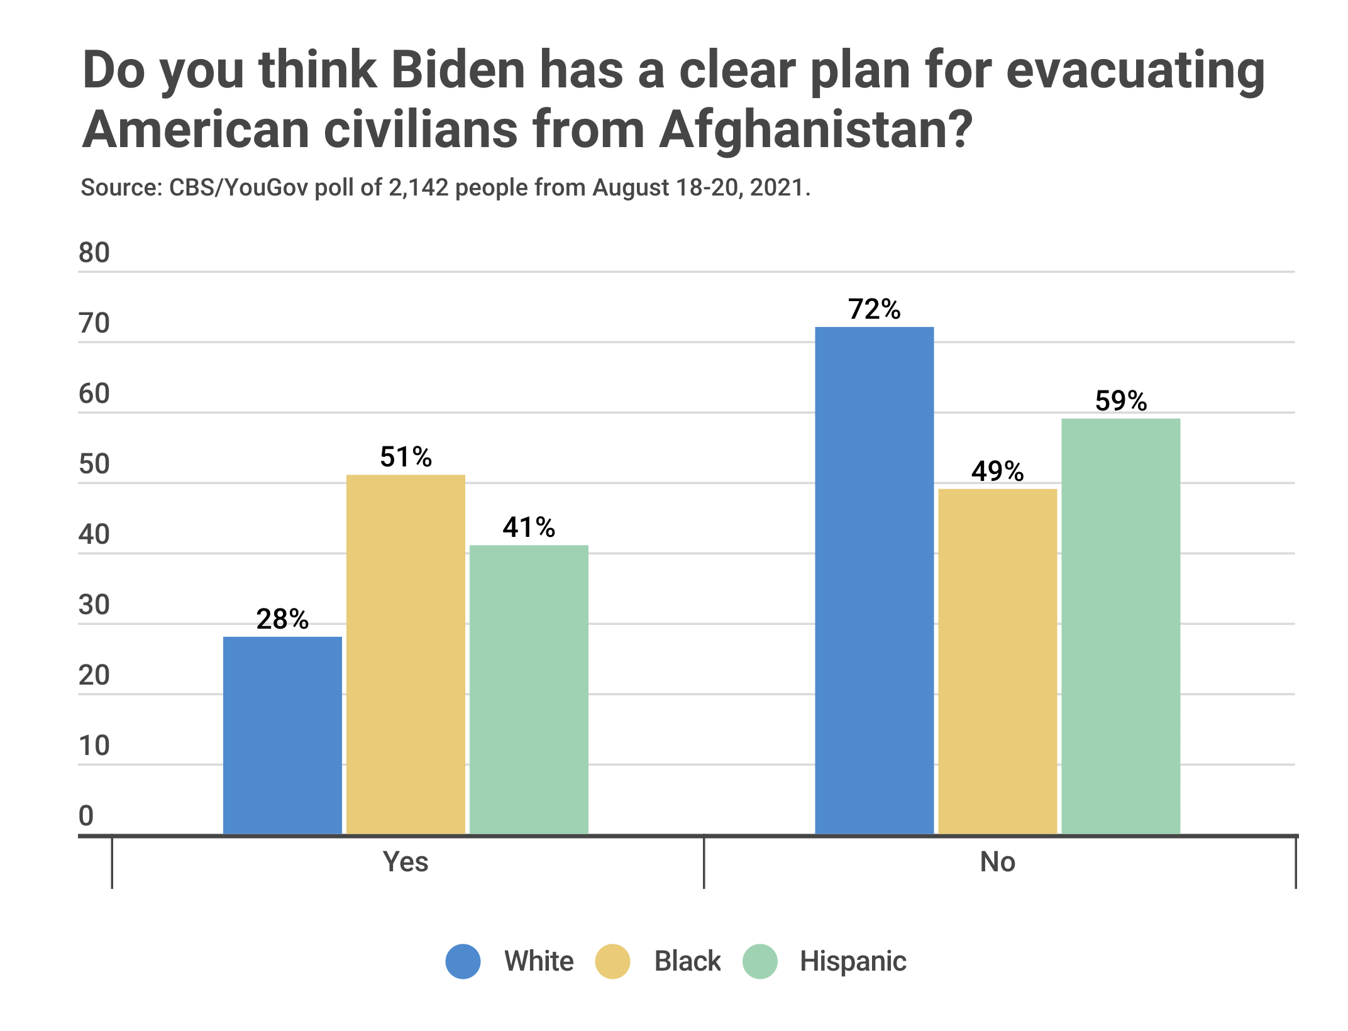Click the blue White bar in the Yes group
coord(282,735)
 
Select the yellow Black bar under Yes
coord(406,654)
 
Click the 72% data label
coord(874,309)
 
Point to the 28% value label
coord(282,619)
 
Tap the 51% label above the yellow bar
coord(406,457)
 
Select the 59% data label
coord(1120,401)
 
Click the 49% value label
coord(997,471)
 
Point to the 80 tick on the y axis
coord(94,253)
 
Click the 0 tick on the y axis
coord(86,816)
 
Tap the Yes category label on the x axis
coord(406,862)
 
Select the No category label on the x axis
coord(997,862)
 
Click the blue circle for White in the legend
coord(463,961)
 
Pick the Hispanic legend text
coord(853,961)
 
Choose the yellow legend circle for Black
coord(612,961)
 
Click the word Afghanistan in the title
coord(815,130)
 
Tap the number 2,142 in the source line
coord(418,187)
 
